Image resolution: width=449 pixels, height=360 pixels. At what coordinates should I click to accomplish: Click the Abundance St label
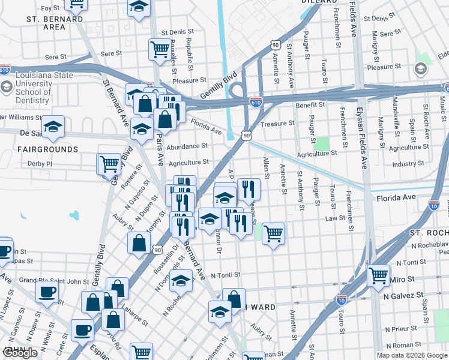(x=187, y=146)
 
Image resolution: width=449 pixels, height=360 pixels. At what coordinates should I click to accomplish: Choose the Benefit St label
(x=310, y=104)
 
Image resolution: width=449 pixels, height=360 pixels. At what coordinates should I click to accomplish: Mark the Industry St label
(x=408, y=163)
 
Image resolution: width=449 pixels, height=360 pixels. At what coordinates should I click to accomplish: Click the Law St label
(x=333, y=218)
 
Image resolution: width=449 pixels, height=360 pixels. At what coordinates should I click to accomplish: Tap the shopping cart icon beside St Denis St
(x=159, y=49)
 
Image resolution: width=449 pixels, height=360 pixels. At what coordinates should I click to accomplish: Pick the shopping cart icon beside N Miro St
(x=378, y=276)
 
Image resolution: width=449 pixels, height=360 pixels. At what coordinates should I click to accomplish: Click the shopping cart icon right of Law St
(x=273, y=233)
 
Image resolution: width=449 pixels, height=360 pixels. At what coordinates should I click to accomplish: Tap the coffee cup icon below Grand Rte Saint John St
(x=46, y=292)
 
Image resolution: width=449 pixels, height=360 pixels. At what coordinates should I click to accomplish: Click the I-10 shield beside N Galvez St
(x=341, y=298)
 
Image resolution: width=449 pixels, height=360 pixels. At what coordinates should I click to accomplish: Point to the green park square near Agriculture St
(x=322, y=143)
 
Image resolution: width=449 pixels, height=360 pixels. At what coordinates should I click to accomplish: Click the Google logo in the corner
(x=21, y=353)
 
